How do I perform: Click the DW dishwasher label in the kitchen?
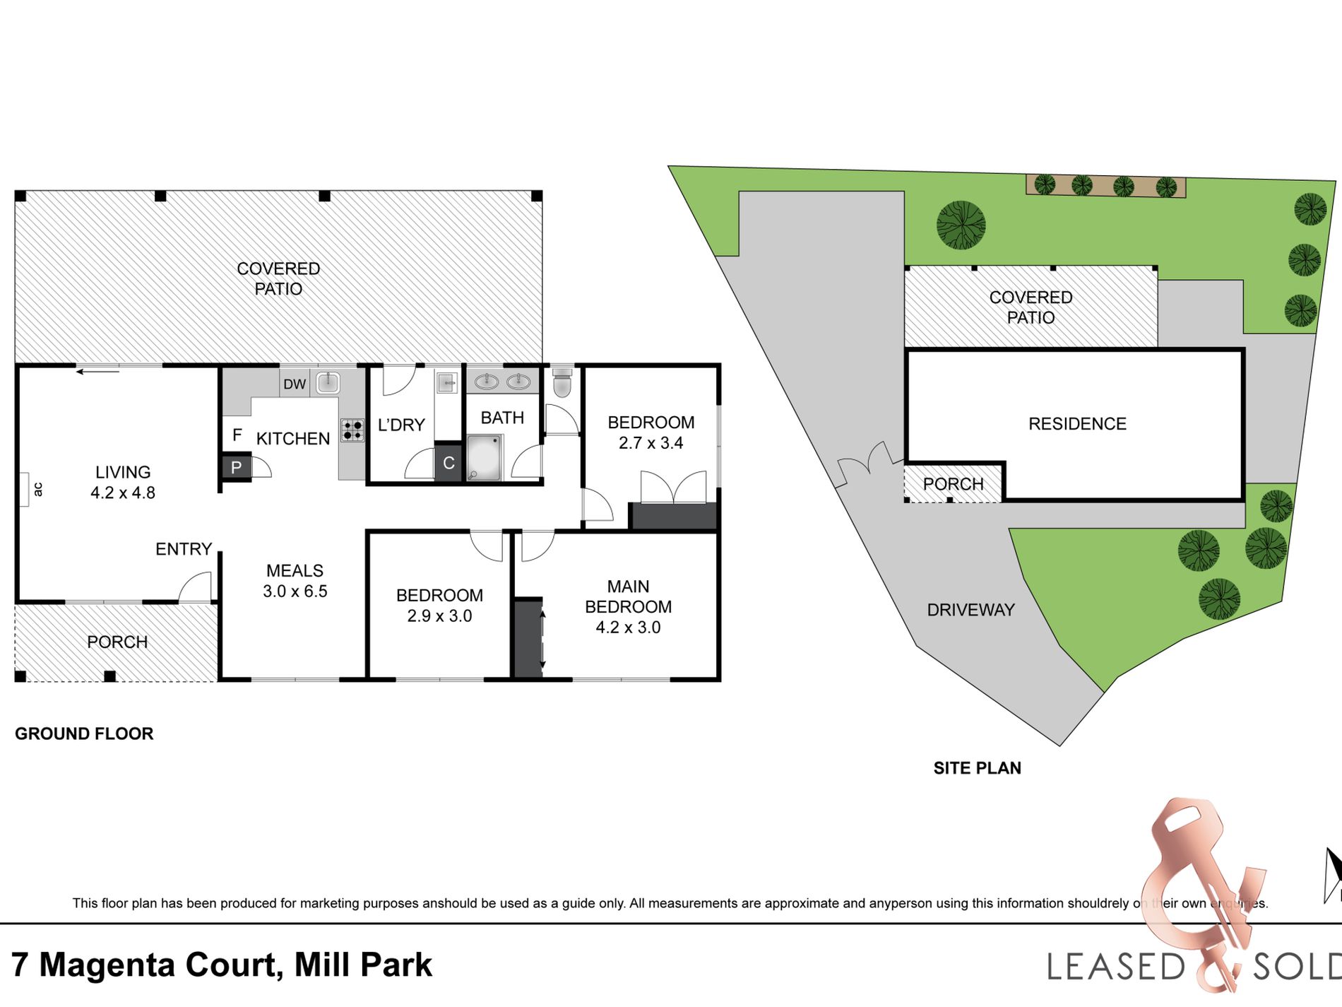[295, 384]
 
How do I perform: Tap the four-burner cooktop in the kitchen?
[352, 430]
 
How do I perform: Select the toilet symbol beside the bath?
[562, 382]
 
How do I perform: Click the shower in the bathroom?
[485, 458]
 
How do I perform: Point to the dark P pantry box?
[236, 467]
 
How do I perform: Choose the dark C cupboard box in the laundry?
[448, 464]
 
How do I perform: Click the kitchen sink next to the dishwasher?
[328, 383]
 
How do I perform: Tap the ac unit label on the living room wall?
[38, 488]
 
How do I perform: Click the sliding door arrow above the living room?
[97, 371]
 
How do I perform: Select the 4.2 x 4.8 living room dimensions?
[123, 493]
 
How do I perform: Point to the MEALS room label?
[295, 570]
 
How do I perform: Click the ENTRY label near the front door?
[184, 549]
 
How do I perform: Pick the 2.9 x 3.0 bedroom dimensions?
[439, 616]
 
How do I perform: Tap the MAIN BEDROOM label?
[628, 596]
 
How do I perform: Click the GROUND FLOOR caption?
[84, 734]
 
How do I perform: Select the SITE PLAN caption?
[977, 768]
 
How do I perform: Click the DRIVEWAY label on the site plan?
[970, 610]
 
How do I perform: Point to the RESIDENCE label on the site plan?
[1077, 424]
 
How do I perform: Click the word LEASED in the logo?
[1115, 967]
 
